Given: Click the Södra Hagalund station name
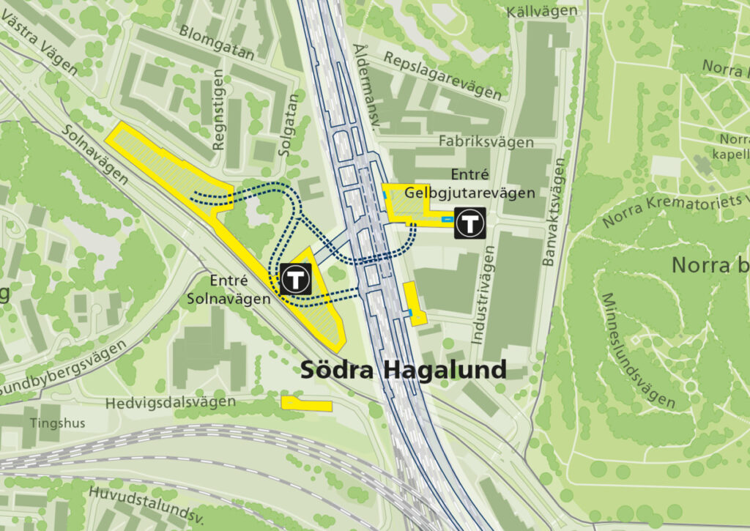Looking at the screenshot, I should tap(404, 370).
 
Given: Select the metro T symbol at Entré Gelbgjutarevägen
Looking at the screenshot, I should tap(469, 223).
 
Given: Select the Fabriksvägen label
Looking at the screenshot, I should tap(486, 141).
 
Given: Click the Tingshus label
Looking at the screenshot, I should tap(58, 423).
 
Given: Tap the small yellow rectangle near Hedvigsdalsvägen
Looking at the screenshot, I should tap(306, 404).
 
